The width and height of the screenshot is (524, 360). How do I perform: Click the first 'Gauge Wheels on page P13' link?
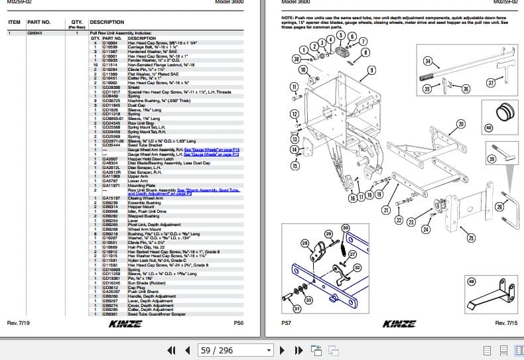click(204, 150)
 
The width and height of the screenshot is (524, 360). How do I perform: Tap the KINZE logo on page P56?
click(124, 323)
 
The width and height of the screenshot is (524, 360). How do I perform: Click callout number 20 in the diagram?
click(460, 124)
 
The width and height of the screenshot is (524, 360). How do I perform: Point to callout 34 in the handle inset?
click(428, 62)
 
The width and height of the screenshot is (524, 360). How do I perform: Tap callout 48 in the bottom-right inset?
click(472, 282)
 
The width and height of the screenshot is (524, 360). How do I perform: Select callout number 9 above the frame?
click(371, 70)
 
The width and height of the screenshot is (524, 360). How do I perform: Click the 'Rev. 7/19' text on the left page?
click(19, 323)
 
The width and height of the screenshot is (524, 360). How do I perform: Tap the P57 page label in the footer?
click(287, 323)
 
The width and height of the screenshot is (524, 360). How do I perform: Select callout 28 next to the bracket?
click(306, 243)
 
